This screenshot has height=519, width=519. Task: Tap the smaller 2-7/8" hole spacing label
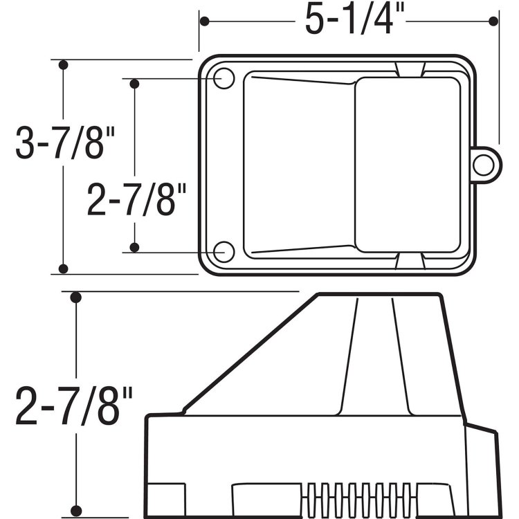tap(138, 201)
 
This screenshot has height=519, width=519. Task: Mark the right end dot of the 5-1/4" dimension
tap(493, 21)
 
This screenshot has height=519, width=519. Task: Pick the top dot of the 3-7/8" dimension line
tap(63, 65)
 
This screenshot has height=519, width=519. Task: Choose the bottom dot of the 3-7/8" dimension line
tap(63, 268)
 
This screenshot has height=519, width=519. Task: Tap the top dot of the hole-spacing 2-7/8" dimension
tap(135, 84)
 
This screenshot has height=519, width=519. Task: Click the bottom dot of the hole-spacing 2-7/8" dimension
tap(135, 247)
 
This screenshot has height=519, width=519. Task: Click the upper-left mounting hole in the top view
tap(224, 78)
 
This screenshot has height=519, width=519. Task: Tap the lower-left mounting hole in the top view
tap(224, 252)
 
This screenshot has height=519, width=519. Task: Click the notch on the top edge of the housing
tap(411, 68)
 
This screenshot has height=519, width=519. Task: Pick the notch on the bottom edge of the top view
tap(411, 261)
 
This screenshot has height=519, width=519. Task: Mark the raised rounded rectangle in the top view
tap(408, 164)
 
